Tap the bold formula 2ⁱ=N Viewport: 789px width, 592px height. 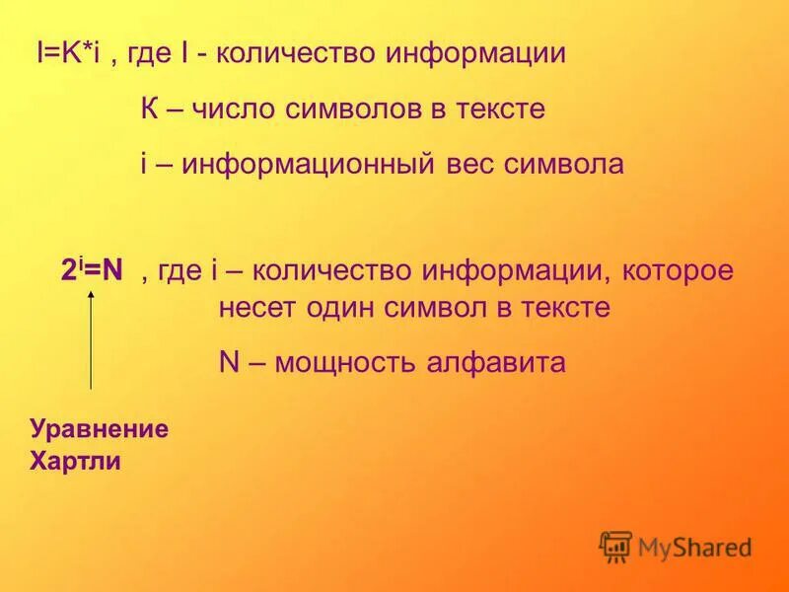[92, 271]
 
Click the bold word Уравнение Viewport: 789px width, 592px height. [99, 429]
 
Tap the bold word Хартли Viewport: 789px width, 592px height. [76, 461]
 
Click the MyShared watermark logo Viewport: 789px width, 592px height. [676, 546]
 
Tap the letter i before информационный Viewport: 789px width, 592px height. [143, 164]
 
